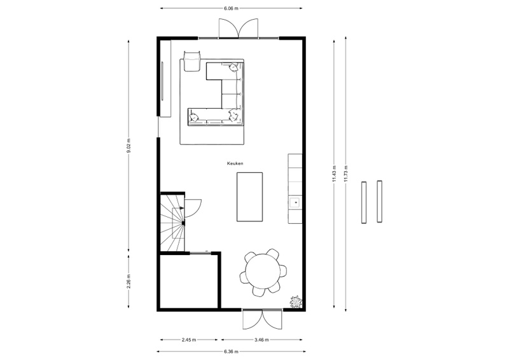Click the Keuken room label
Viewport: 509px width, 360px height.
point(235,163)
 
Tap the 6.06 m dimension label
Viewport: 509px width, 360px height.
point(231,8)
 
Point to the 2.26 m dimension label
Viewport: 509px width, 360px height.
point(129,281)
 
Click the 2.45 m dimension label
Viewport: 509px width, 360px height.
point(188,340)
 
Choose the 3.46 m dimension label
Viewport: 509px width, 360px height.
point(261,340)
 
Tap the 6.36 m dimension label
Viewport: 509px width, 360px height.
point(231,351)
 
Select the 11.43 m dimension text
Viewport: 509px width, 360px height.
point(335,174)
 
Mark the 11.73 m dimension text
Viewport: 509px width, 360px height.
point(346,174)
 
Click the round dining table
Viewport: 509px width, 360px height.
point(263,271)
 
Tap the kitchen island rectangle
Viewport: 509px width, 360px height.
point(249,197)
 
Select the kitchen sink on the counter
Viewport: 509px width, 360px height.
point(295,202)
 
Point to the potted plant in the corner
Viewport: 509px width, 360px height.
point(296,301)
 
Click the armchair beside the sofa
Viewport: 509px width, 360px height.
point(193,60)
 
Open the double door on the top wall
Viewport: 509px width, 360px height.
point(239,29)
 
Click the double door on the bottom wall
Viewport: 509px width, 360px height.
point(262,319)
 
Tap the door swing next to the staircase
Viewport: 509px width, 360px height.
point(193,208)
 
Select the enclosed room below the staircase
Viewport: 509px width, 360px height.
point(189,280)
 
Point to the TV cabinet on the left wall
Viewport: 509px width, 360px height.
point(165,79)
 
